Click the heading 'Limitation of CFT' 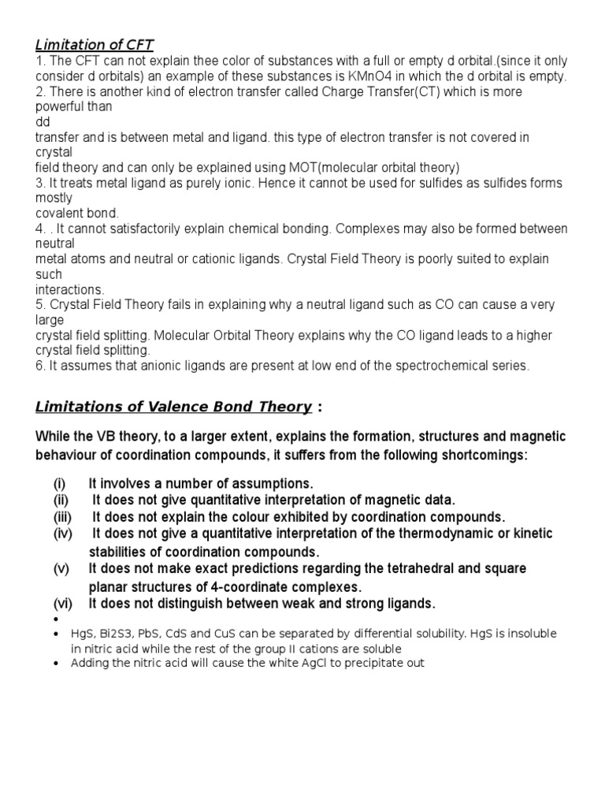pyautogui.click(x=100, y=45)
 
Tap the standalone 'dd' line pyautogui.click(x=43, y=122)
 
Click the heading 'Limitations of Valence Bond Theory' pyautogui.click(x=173, y=407)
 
